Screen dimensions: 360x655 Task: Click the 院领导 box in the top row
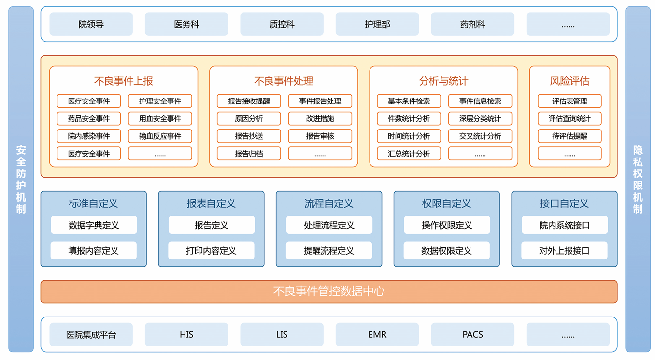coord(91,24)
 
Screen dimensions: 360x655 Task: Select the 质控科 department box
coord(282,24)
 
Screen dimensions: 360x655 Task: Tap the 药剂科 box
coord(472,24)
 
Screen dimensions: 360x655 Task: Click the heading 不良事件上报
coord(123,81)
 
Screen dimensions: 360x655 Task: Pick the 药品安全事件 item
coord(89,118)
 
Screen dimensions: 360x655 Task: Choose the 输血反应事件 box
coord(160,136)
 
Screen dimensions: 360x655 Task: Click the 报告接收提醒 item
coord(249,101)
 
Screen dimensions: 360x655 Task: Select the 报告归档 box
coord(249,154)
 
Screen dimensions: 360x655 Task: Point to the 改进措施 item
coord(320,118)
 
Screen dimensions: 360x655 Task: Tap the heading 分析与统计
coord(443,81)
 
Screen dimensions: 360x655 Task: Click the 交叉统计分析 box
coord(480,136)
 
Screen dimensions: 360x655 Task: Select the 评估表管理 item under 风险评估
coord(570,101)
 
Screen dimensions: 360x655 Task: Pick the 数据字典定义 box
coord(94,225)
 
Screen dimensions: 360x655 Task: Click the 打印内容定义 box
coord(211,251)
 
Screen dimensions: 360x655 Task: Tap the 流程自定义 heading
coord(328,203)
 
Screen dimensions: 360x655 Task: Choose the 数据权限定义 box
coord(446,251)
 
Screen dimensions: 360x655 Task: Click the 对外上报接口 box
coord(564,251)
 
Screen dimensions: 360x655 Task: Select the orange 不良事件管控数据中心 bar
coord(328,291)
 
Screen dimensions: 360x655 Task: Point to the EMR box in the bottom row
coord(377,334)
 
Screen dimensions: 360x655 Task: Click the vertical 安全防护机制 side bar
coord(21,179)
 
